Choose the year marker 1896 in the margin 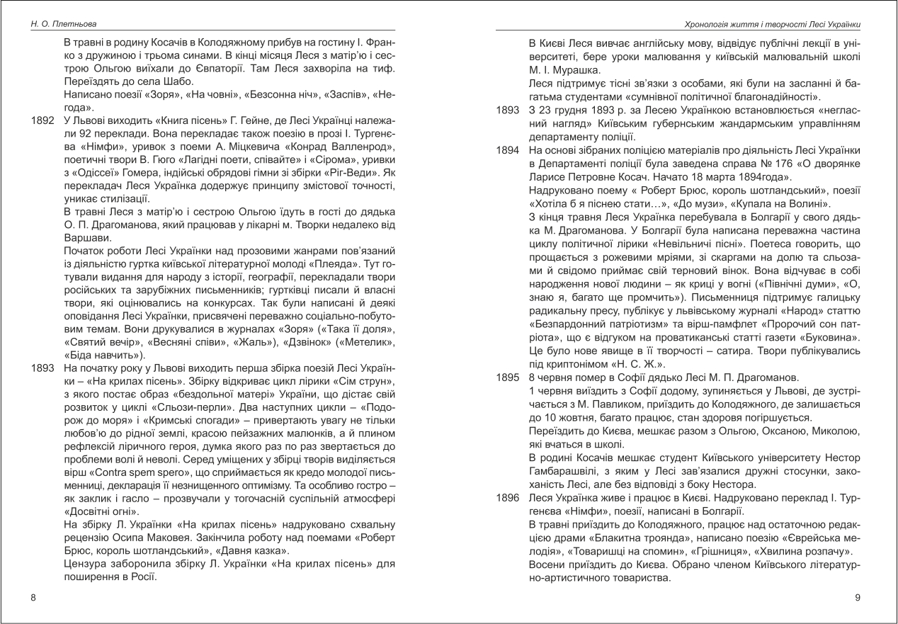tap(508, 498)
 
